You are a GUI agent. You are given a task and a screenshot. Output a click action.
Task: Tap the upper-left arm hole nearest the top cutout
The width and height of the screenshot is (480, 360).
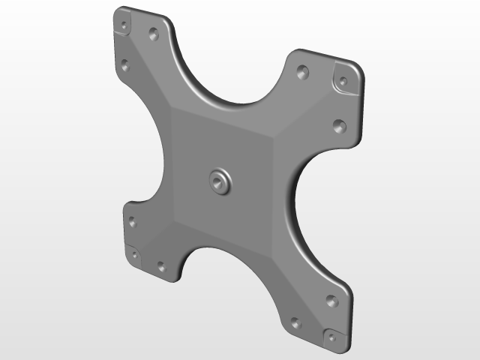point(154,34)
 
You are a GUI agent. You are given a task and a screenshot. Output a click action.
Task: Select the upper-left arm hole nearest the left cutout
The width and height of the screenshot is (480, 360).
point(125,65)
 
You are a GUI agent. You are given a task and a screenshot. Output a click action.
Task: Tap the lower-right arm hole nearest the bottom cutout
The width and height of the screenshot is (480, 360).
point(295,323)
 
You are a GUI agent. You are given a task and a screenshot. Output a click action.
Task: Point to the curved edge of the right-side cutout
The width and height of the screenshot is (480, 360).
point(289,202)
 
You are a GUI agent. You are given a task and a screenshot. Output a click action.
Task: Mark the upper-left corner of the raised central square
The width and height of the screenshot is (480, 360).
point(172,110)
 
